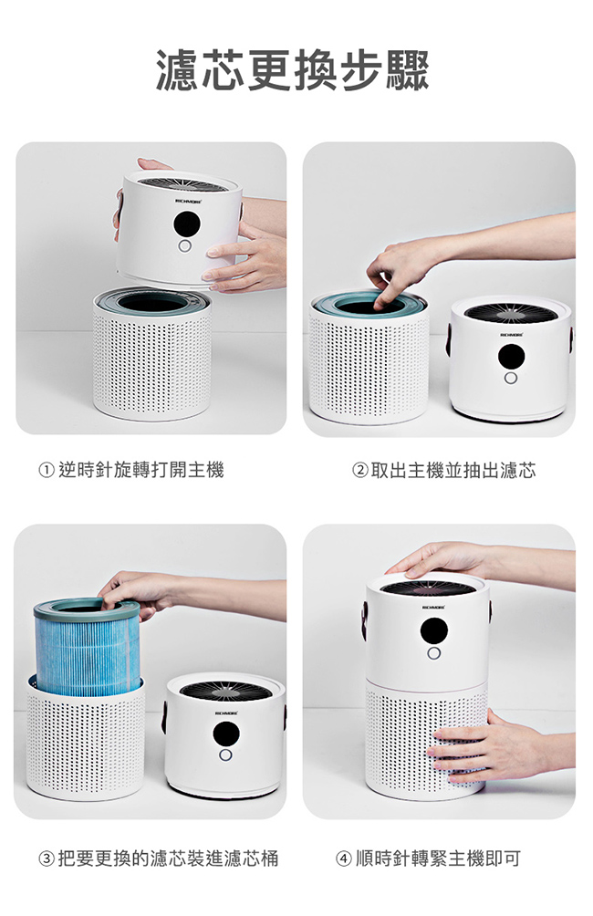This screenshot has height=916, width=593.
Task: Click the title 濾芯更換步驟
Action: pyautogui.click(x=292, y=70)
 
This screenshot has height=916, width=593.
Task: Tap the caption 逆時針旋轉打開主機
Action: pyautogui.click(x=140, y=470)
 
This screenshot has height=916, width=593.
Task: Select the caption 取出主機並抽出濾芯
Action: pyautogui.click(x=453, y=470)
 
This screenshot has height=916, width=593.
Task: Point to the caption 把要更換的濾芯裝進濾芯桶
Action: pyautogui.click(x=168, y=859)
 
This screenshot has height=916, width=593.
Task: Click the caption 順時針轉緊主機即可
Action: pyautogui.click(x=438, y=859)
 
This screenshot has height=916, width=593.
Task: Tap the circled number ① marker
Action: pyautogui.click(x=47, y=470)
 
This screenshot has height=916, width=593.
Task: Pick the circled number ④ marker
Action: pyautogui.click(x=344, y=859)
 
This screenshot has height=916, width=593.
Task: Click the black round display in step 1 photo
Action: pyautogui.click(x=187, y=224)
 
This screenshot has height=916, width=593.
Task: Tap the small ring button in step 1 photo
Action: pyautogui.click(x=185, y=246)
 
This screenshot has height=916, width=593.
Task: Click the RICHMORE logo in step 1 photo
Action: pyautogui.click(x=188, y=201)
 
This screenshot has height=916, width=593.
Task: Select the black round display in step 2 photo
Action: pyautogui.click(x=511, y=357)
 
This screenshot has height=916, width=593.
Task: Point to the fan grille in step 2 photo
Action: pyautogui.click(x=511, y=313)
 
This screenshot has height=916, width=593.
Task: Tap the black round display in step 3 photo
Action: pyautogui.click(x=225, y=734)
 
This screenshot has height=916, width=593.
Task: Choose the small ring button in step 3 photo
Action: pyautogui.click(x=225, y=755)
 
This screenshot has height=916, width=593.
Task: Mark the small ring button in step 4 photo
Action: pyautogui.click(x=433, y=653)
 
